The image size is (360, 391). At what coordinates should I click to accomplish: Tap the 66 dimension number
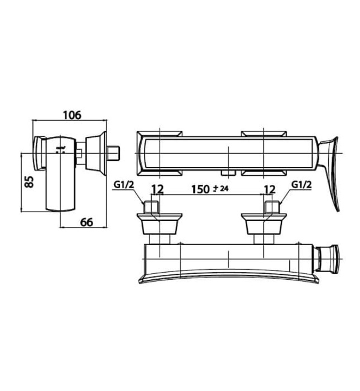[x=87, y=222]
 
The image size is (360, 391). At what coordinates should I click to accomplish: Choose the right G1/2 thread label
[x=302, y=185]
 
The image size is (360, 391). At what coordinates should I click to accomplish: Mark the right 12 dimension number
[x=270, y=189]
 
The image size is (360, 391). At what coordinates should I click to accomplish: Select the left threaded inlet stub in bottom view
[x=151, y=207]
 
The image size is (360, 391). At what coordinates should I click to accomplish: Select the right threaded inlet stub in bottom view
[x=270, y=207]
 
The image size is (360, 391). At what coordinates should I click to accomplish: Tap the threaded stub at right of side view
[x=115, y=152]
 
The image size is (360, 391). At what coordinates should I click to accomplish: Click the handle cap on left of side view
[x=39, y=153]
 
